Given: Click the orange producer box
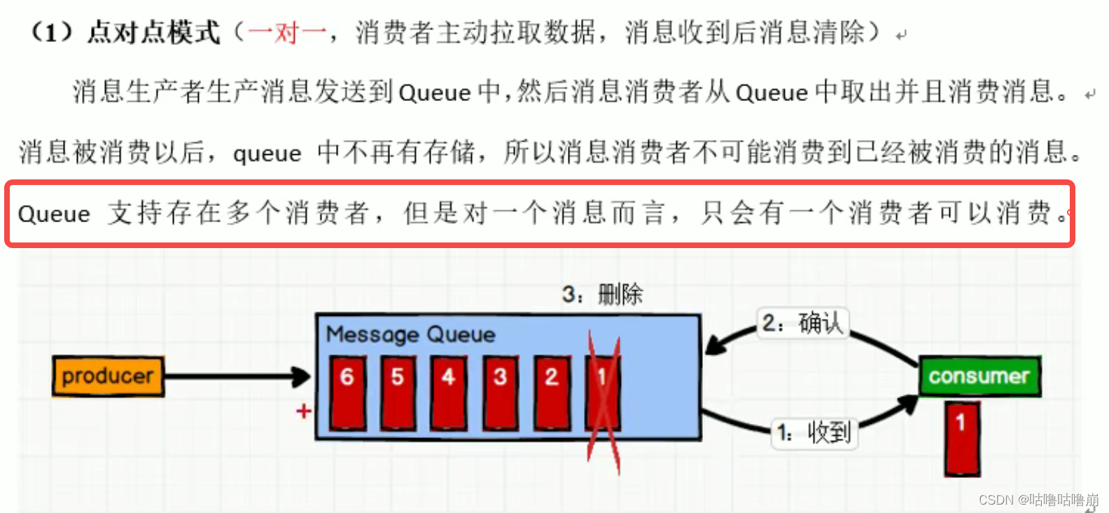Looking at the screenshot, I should tap(108, 376).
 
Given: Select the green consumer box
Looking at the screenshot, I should tap(979, 376).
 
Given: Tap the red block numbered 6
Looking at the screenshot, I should tap(347, 392).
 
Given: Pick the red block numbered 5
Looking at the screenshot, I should tap(398, 392).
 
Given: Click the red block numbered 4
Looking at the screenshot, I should tap(449, 392).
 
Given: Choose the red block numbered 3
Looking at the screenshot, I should tap(500, 392).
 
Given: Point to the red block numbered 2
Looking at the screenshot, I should tap(552, 392).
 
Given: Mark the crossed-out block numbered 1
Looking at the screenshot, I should tap(602, 392).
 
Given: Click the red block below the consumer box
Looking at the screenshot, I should tap(961, 438).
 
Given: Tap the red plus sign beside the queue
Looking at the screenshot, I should tap(303, 411).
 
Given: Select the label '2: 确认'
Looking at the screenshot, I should tap(802, 323).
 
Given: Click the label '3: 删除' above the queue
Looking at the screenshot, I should tap(602, 294).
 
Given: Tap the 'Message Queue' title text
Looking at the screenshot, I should tap(411, 334).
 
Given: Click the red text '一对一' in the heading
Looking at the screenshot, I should tap(287, 32).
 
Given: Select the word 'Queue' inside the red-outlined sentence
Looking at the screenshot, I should tap(54, 214).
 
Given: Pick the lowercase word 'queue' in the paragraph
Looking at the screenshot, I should tap(267, 153).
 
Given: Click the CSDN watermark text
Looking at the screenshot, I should tap(1038, 500).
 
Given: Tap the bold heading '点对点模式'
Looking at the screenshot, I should tap(153, 32).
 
